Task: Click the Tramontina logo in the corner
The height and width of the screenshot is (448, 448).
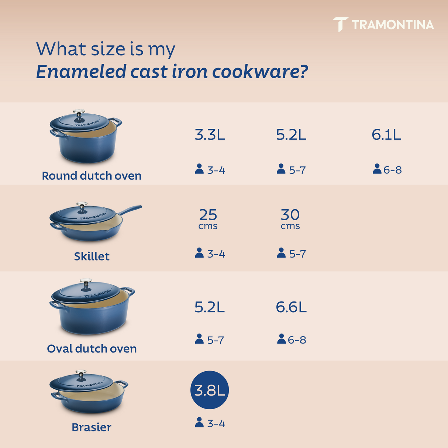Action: point(384,24)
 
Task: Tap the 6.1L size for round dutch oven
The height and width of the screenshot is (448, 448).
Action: point(386,135)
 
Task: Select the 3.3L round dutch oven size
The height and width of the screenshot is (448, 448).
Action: point(210,135)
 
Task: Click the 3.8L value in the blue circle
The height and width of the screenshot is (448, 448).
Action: point(210,390)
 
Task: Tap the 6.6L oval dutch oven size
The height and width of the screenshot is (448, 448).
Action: point(291,307)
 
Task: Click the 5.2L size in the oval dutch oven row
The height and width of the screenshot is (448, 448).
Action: point(210,307)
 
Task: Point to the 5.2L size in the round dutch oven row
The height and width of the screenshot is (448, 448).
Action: point(291,135)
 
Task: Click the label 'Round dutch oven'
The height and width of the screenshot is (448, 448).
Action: point(92,176)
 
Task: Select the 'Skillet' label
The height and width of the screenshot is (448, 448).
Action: point(92,256)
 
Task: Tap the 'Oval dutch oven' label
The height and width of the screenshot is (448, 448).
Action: point(92,349)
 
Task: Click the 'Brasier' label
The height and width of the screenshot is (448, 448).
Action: point(92,427)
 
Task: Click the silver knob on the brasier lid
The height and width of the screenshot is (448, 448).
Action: point(81,373)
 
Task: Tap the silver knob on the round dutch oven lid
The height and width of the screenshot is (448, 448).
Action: point(79,112)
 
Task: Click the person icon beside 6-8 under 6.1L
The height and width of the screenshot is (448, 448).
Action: point(377,169)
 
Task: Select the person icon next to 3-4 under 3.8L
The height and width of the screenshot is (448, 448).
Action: point(199,423)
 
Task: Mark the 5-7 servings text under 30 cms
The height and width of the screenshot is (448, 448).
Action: point(297,254)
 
